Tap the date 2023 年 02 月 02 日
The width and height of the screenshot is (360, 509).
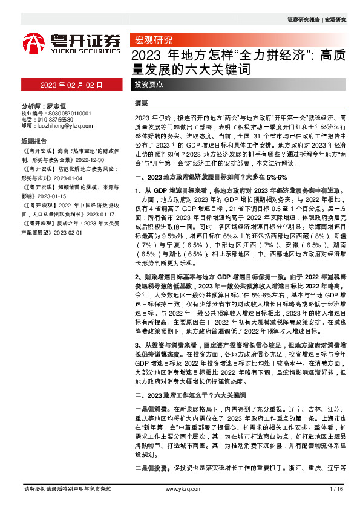click(71, 86)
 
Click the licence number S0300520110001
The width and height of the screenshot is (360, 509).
click(64, 113)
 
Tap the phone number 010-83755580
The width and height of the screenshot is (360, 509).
click(59, 120)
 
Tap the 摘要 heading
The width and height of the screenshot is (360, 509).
click(142, 103)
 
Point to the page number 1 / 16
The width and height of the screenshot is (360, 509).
click(336, 488)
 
